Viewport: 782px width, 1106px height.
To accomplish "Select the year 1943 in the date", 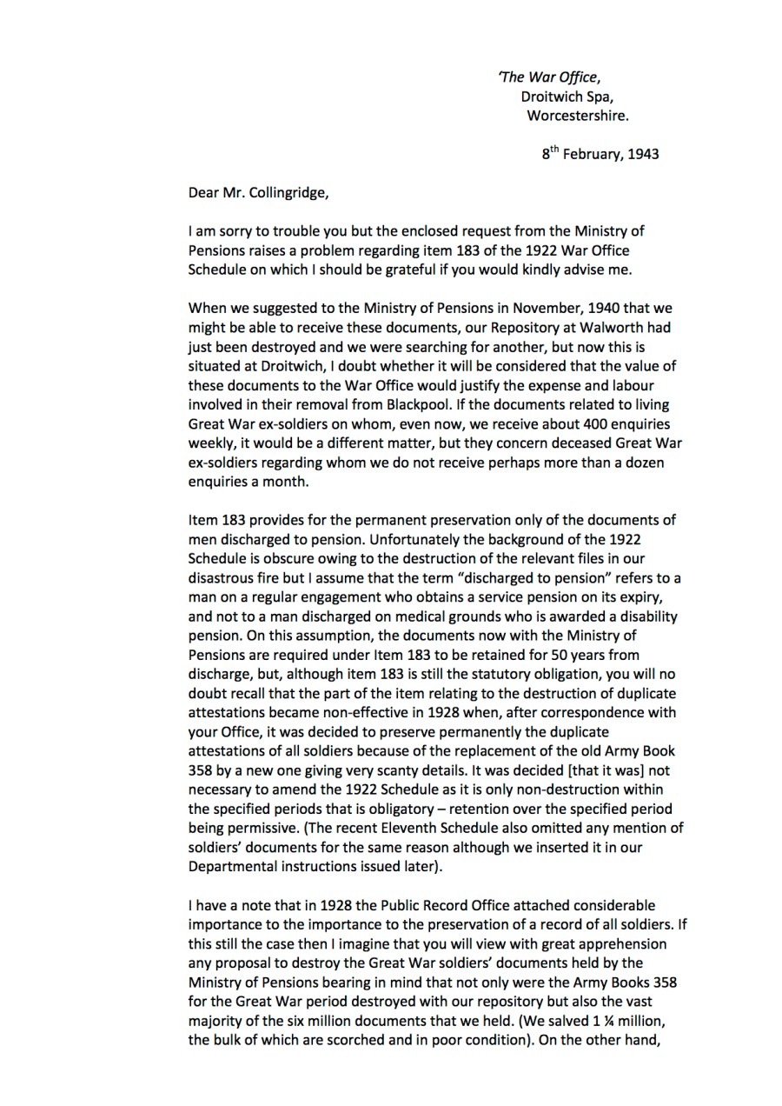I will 640,154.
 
